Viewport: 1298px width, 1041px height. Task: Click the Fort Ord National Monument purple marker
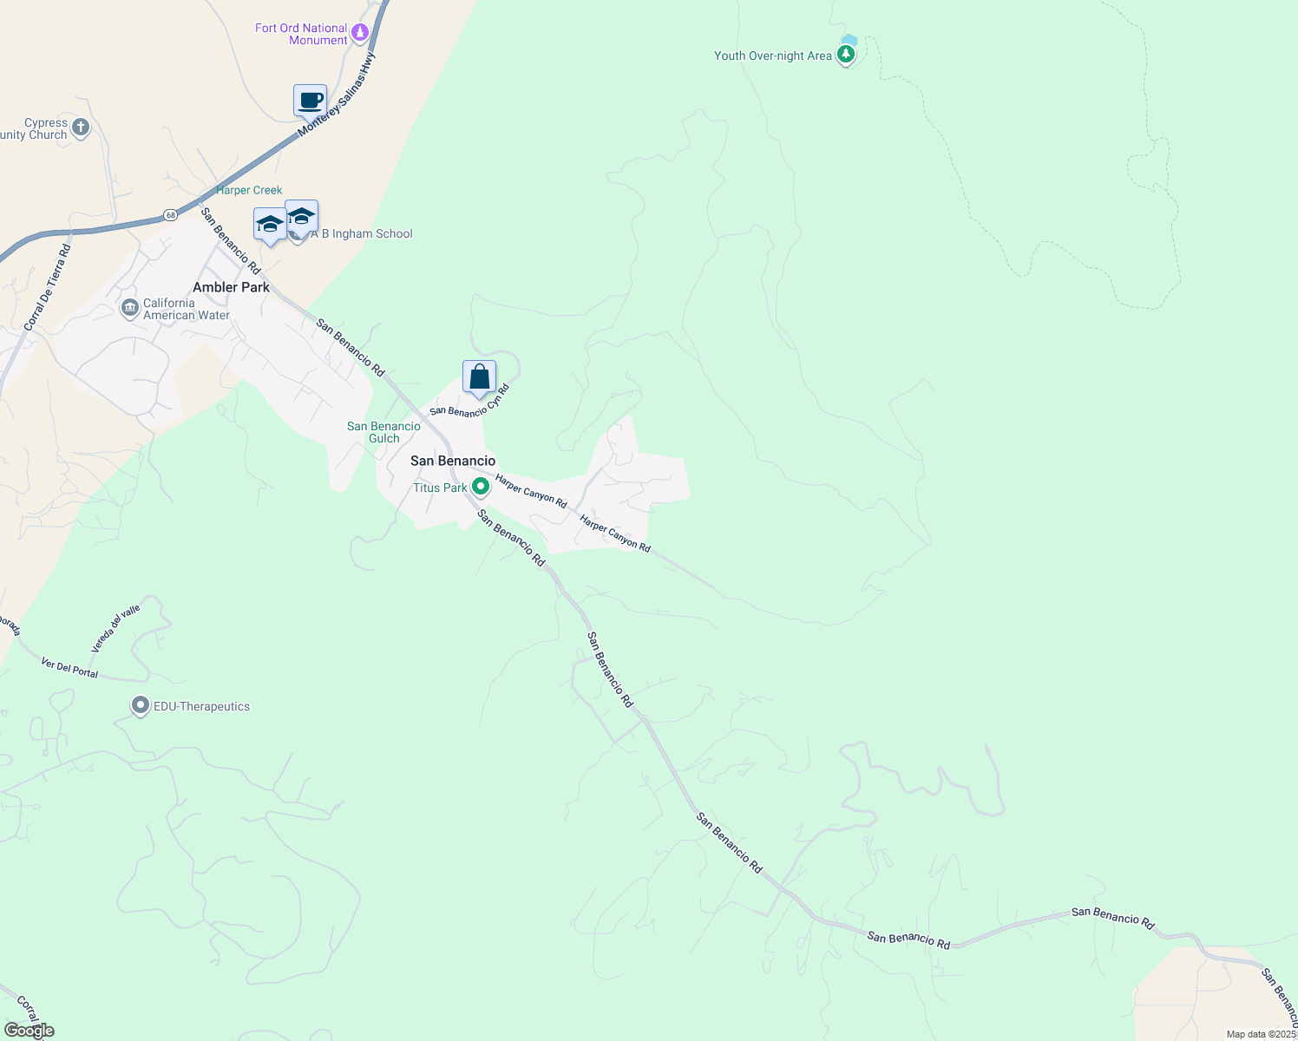tap(360, 33)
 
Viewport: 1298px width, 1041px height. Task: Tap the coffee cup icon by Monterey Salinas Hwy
tap(310, 101)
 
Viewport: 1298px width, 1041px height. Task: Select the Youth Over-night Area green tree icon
tap(846, 55)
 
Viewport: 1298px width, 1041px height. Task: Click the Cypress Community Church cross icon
tap(80, 128)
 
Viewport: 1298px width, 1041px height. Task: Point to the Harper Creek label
tap(249, 190)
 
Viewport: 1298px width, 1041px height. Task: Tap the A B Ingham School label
tap(362, 233)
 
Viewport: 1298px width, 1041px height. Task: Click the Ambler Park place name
tap(231, 287)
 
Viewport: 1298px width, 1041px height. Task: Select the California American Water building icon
tap(130, 308)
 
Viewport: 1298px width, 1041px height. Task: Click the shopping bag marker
tap(479, 377)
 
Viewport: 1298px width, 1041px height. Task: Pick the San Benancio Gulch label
tap(383, 432)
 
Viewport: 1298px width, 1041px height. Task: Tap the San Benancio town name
tap(453, 461)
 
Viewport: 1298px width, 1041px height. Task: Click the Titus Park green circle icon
tap(480, 488)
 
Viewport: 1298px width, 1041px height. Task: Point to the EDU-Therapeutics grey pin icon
tap(141, 706)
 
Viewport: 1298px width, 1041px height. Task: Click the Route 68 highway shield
tap(170, 214)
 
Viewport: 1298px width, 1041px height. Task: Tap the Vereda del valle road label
tap(115, 629)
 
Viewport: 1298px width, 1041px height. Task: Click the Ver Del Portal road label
tap(69, 668)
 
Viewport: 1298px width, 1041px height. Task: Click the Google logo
tap(29, 1030)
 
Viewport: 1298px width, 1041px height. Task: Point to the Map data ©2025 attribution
tap(1261, 1034)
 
